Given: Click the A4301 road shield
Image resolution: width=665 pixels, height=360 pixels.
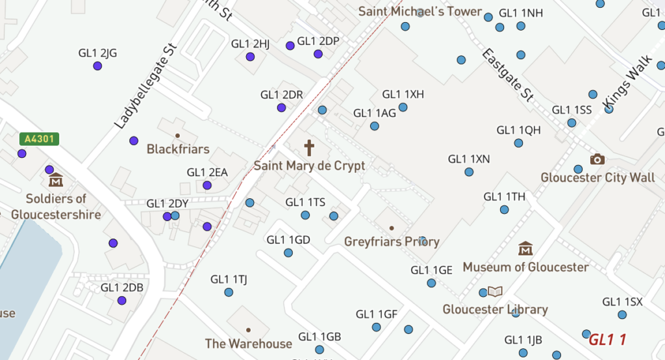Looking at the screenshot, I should (40, 138).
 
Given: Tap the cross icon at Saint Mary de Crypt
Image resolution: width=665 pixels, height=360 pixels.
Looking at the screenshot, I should (309, 147).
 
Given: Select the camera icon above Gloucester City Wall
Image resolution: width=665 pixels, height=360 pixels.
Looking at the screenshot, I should (597, 159).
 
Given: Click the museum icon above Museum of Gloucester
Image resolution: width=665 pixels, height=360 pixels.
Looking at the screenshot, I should (525, 248).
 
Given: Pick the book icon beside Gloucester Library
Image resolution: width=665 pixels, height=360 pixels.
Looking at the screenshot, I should (496, 292).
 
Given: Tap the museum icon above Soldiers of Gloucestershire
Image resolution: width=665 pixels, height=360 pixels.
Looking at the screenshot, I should (56, 179).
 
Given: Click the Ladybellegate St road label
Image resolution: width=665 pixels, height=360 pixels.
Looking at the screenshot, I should (145, 86).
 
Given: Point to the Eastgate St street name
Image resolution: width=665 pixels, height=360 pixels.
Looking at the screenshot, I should (508, 74).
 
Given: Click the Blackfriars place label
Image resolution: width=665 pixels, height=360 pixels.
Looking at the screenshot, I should (178, 149).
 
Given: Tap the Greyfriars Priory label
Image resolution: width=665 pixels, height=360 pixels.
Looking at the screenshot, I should (392, 242).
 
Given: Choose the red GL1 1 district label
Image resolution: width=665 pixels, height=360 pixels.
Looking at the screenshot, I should (607, 339).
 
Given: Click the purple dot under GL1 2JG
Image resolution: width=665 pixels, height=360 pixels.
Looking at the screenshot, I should (97, 66).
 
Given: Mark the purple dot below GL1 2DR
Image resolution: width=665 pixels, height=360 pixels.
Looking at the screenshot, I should (281, 107).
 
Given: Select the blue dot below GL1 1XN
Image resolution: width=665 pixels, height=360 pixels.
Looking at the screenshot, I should (469, 172).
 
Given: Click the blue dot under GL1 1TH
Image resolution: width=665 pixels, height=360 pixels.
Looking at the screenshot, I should (505, 209).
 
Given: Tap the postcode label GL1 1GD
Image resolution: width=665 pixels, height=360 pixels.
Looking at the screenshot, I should (288, 240).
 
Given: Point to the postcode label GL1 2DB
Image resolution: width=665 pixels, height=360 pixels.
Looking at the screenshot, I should (122, 287).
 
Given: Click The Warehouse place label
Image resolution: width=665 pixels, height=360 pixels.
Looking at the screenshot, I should (249, 344).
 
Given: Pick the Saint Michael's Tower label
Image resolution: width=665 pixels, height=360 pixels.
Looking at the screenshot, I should (420, 12).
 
